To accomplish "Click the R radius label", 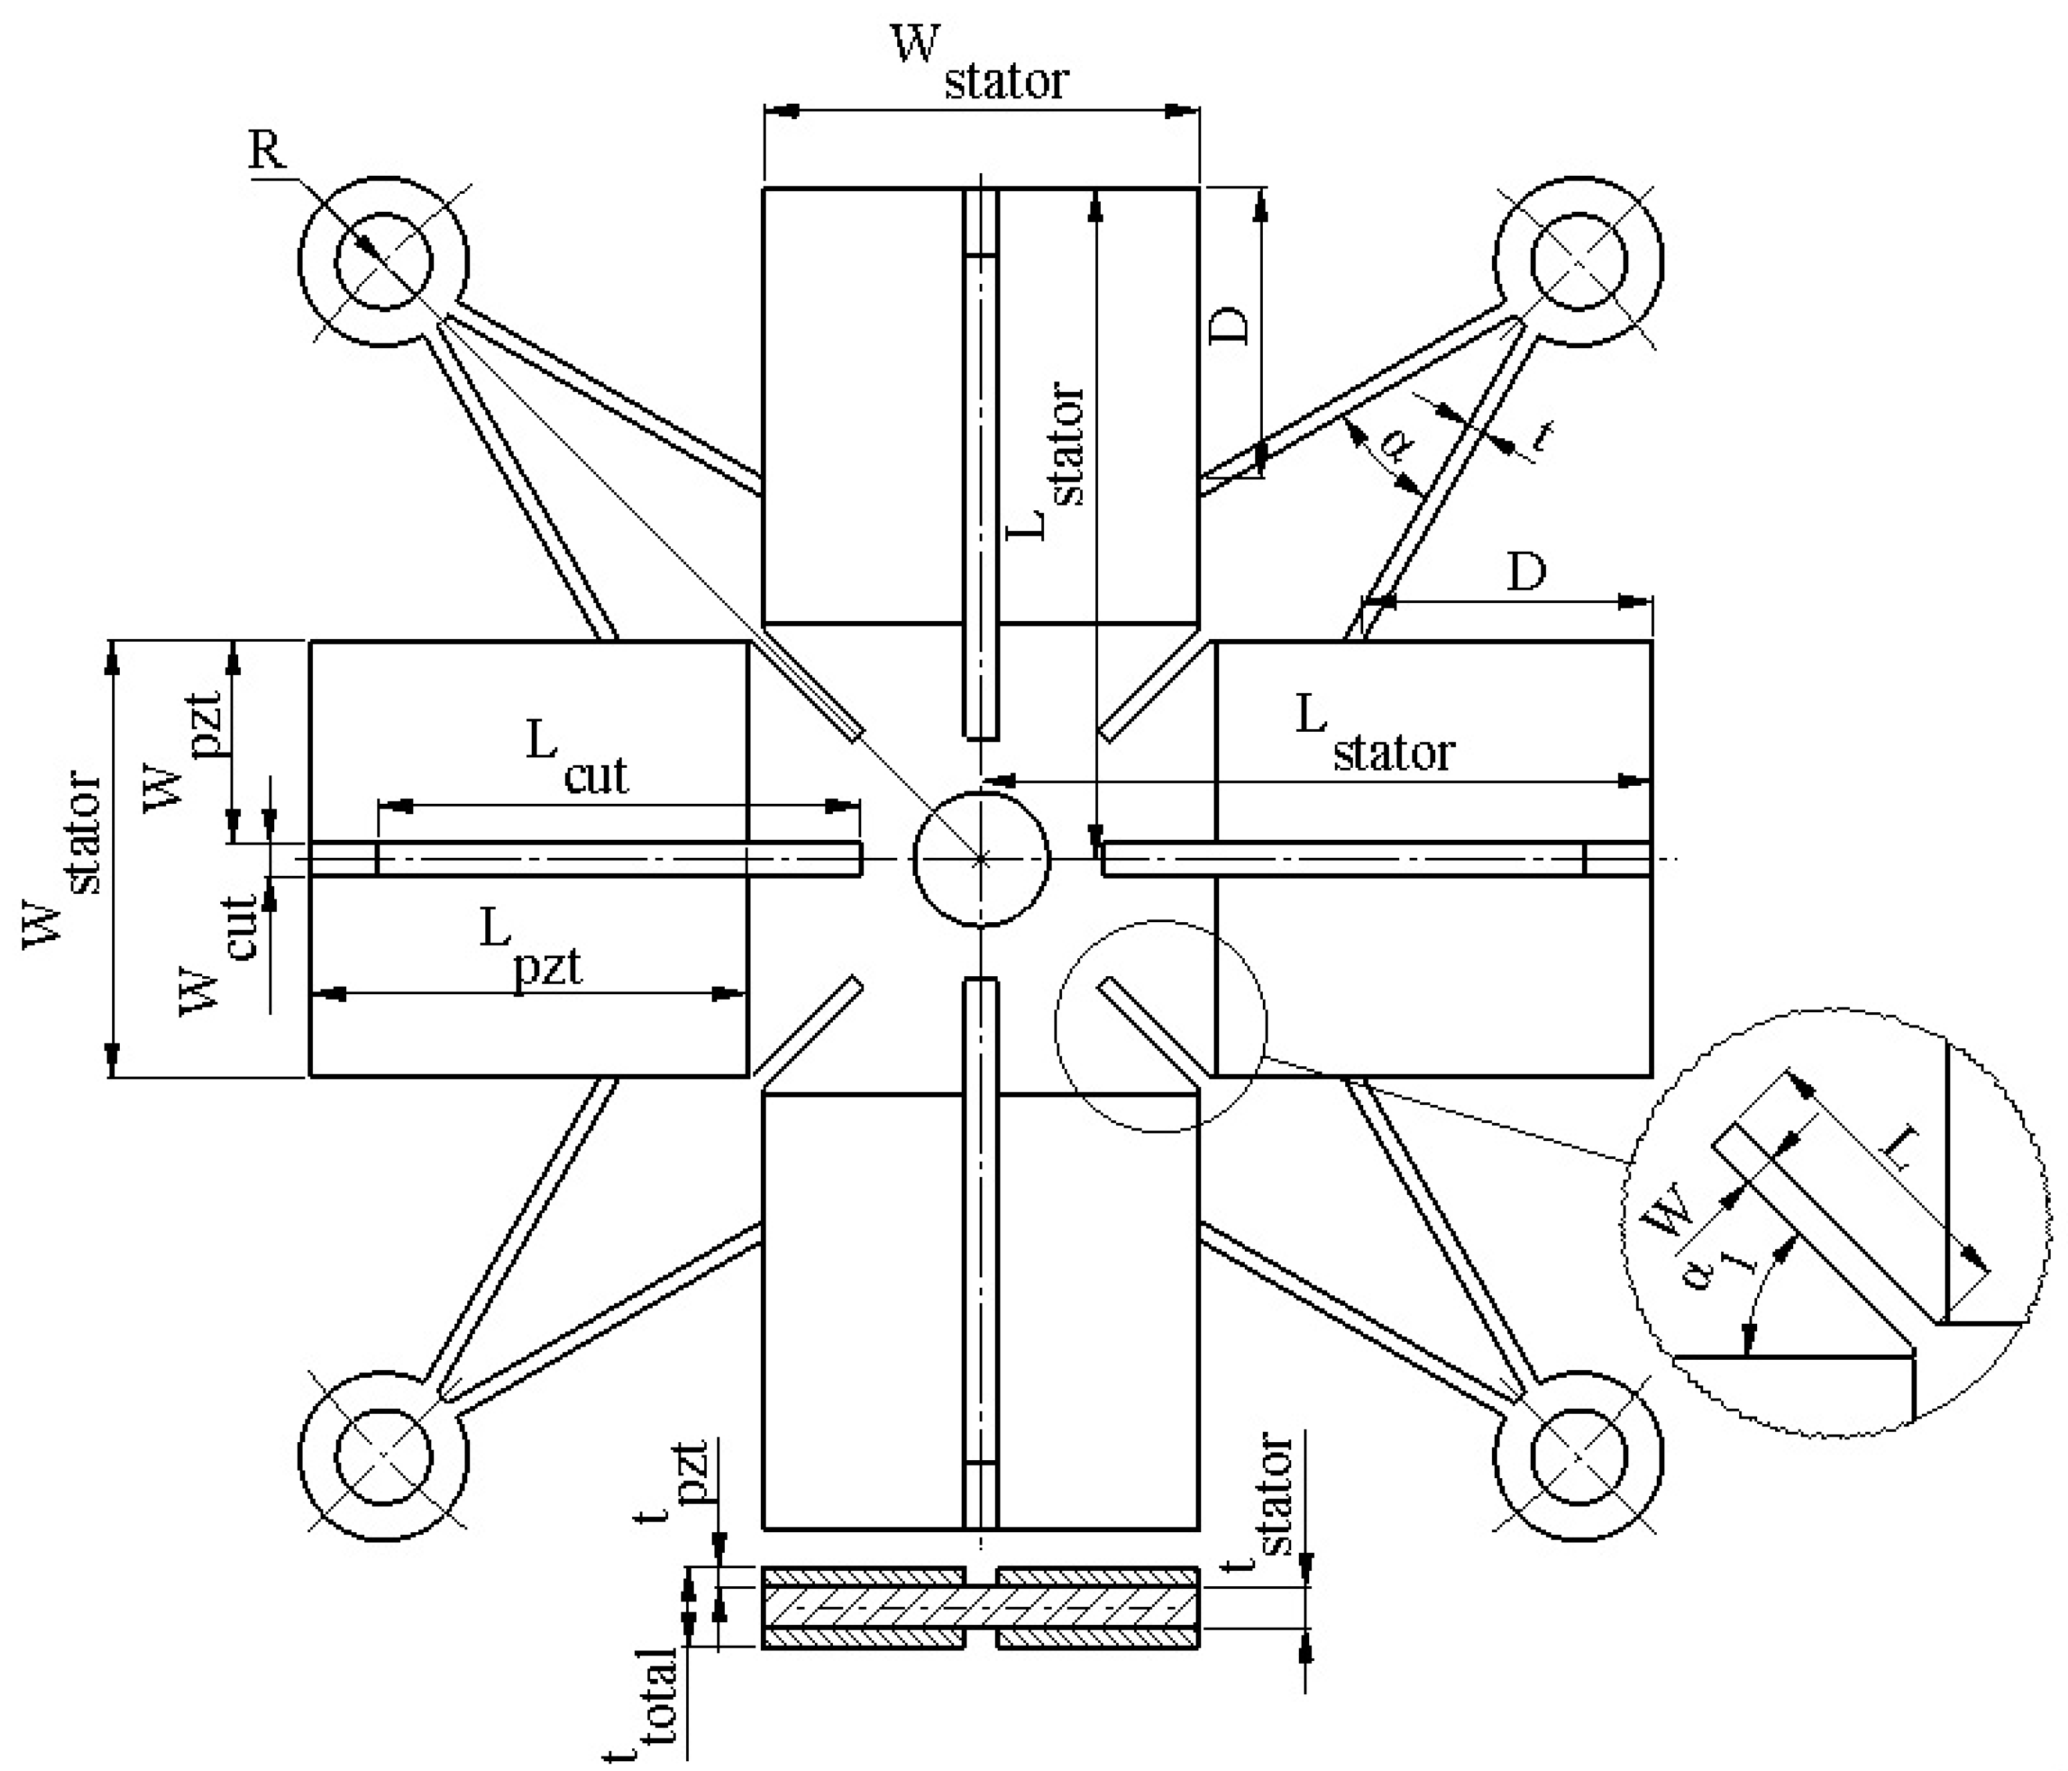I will click(x=267, y=152).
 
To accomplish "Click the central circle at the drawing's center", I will click(x=981, y=858).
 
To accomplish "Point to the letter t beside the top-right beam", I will click(x=1542, y=435).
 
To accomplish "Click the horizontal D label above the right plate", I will click(x=1526, y=572).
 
